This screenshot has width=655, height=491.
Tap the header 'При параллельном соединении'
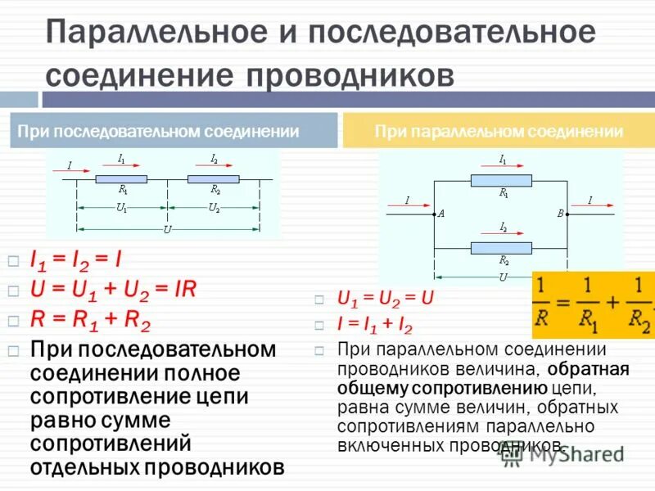(x=499, y=131)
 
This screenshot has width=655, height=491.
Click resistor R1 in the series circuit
(x=121, y=178)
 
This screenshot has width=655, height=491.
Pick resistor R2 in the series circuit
(x=214, y=178)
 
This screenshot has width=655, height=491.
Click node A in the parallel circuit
(x=433, y=214)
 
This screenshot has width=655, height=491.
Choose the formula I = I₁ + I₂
(x=375, y=324)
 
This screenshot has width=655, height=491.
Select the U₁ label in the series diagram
(x=121, y=208)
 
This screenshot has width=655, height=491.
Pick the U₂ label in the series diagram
(x=214, y=208)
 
